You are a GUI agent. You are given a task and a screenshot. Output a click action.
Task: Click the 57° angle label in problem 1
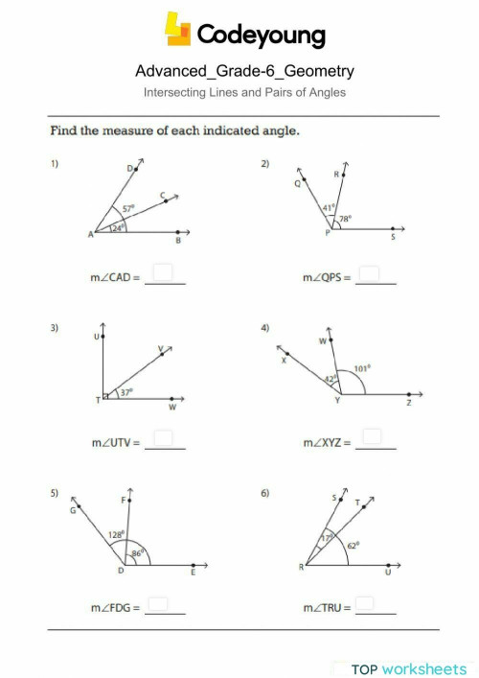pos(128,208)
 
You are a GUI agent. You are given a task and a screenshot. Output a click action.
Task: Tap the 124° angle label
pos(117,227)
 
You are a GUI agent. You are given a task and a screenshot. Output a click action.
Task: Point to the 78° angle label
pos(345,219)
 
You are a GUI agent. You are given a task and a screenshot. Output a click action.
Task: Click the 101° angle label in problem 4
pos(361,367)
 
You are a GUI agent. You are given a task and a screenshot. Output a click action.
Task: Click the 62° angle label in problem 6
pos(353,545)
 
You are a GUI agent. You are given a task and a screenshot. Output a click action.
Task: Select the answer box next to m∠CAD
pos(164,275)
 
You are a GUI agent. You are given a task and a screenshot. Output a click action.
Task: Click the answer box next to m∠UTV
pos(164,439)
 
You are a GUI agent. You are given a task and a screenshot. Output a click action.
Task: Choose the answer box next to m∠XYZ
pos(375,438)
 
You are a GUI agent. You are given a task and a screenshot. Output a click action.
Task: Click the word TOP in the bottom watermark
pos(364,668)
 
